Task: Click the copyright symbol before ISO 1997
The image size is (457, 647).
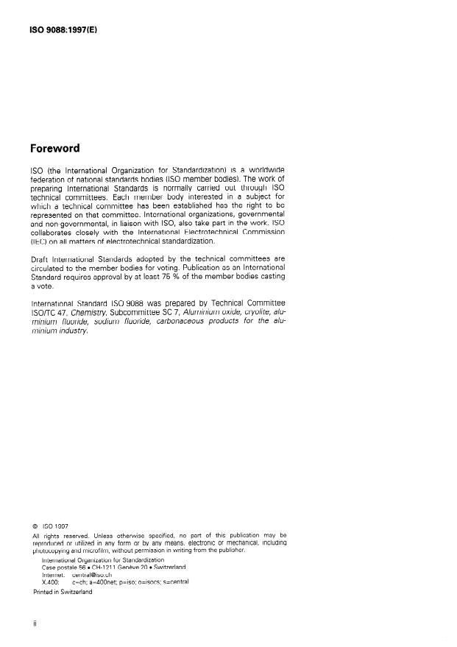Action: [35, 527]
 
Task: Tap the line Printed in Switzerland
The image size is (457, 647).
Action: [63, 592]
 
